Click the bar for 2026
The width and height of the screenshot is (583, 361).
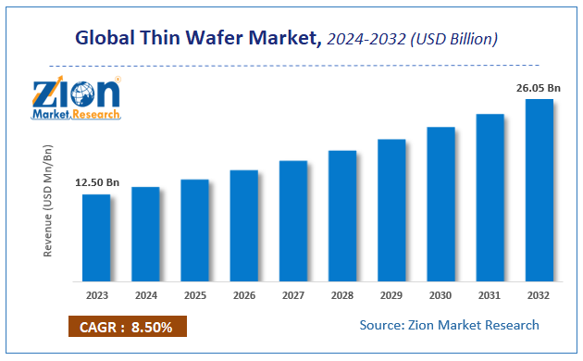[x=243, y=225]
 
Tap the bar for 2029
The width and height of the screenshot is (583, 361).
[x=391, y=210]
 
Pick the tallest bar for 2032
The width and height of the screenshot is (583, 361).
[x=540, y=190]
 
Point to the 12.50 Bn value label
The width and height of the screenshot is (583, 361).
[x=97, y=183]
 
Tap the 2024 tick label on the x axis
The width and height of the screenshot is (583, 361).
[x=145, y=296]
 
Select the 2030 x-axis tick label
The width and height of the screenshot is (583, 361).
[x=440, y=296]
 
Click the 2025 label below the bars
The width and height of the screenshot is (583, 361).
[x=194, y=296]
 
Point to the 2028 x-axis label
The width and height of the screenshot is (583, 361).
[x=342, y=296]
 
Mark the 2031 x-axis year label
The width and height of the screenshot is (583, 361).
[x=490, y=296]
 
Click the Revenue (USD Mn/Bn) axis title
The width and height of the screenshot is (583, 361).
[x=48, y=201]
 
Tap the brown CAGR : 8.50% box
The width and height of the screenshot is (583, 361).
[x=127, y=327]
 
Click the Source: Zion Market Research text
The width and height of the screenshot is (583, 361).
[x=449, y=325]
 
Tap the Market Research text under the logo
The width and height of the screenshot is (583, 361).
[x=76, y=113]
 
